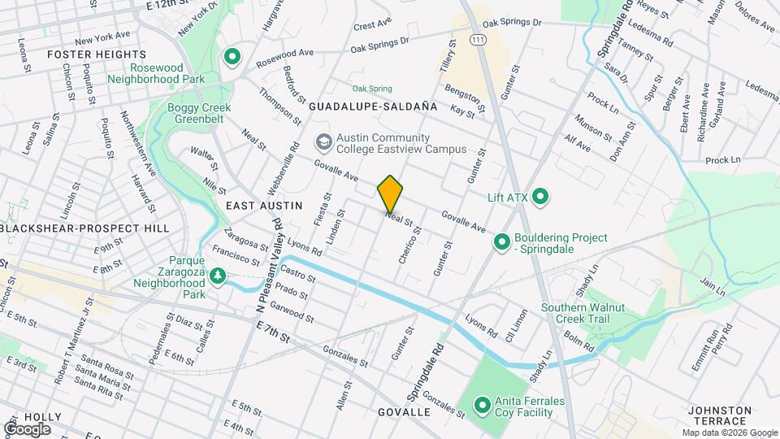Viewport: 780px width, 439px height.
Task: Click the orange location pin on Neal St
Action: click(390, 193)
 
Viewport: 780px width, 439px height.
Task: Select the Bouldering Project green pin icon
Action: click(501, 242)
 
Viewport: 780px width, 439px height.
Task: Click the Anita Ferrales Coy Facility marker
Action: click(482, 404)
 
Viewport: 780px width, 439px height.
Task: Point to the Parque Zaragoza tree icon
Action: click(217, 276)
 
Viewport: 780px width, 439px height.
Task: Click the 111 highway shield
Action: click(479, 39)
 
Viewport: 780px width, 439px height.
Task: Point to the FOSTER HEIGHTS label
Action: click(85, 54)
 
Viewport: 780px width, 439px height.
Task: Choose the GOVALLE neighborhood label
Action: click(404, 412)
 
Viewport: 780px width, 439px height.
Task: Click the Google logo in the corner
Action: click(28, 428)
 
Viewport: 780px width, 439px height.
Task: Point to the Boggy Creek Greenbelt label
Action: click(199, 114)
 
